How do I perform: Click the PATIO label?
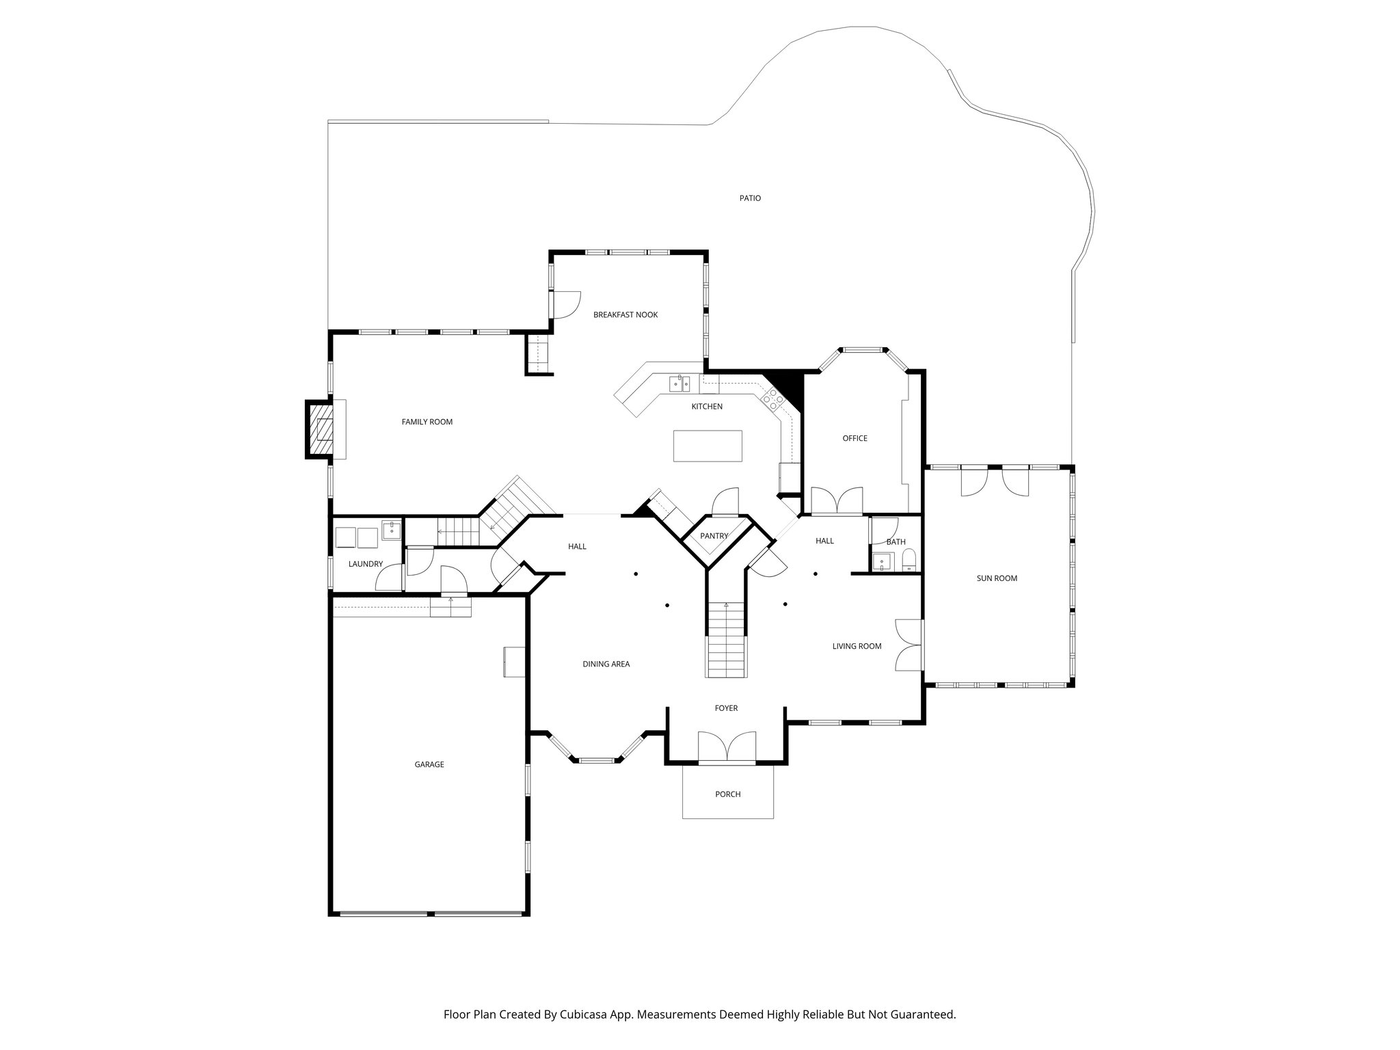pos(750,198)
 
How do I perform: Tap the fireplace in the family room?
pos(320,429)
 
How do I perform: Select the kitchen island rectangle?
pos(708,446)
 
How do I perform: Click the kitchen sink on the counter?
pos(679,384)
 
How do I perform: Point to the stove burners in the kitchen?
pos(774,399)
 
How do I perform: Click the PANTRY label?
pos(714,536)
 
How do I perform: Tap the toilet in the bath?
pos(908,563)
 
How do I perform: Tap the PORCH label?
pos(727,794)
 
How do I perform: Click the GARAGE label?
pos(429,764)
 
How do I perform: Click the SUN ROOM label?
pos(997,578)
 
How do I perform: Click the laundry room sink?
pos(391,530)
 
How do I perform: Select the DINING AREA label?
pos(606,664)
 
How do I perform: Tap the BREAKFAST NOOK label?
pos(625,315)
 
